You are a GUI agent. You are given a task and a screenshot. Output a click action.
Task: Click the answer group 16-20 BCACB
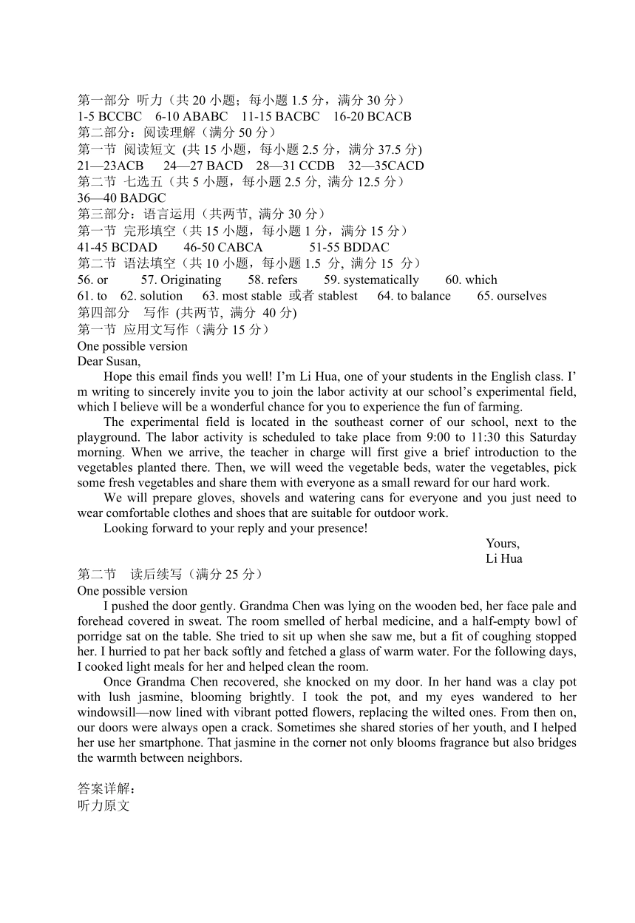[372, 116]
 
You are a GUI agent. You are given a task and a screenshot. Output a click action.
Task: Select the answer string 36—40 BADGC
[121, 198]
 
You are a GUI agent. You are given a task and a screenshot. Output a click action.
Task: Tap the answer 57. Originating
[181, 280]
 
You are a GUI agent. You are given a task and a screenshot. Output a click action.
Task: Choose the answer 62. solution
[152, 296]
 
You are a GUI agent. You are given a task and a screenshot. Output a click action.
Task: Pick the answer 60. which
[471, 280]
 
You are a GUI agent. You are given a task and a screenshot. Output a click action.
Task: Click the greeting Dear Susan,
[109, 362]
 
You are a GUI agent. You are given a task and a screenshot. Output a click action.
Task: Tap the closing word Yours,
[503, 543]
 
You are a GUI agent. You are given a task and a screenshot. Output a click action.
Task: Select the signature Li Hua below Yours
[504, 558]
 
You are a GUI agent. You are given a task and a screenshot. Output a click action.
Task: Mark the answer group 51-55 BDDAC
[349, 247]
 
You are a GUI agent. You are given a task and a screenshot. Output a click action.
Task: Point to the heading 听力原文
[103, 805]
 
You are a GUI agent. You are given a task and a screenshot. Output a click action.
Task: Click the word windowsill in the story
[111, 712]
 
